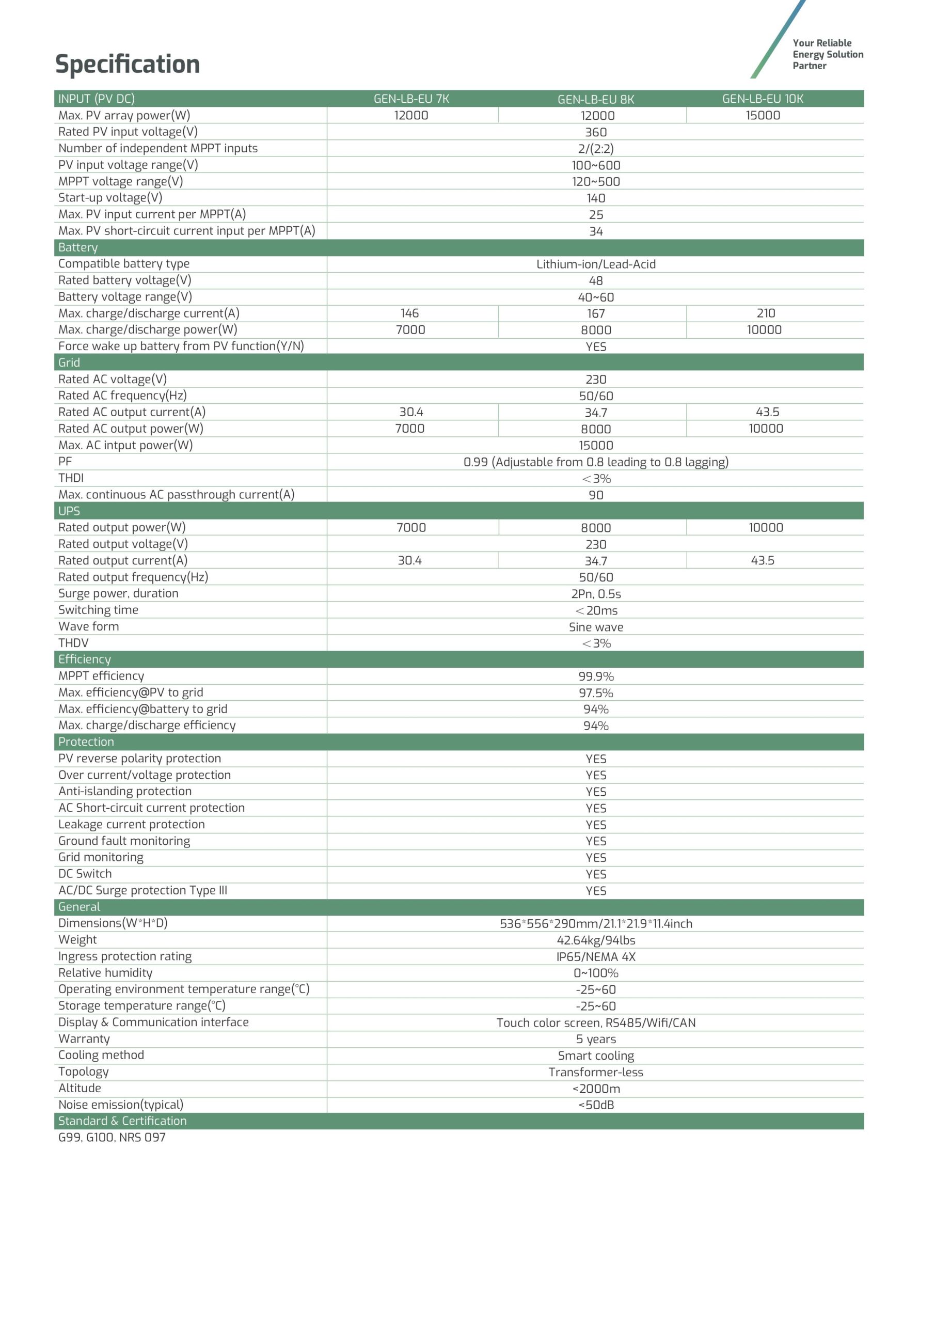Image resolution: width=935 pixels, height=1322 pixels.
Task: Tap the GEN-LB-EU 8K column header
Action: [x=595, y=99]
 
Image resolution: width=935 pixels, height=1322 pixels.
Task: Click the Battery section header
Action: [x=78, y=247]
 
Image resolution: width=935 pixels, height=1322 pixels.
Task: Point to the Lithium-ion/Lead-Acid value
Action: [x=595, y=264]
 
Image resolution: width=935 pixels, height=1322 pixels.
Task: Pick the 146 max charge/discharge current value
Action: [x=409, y=313]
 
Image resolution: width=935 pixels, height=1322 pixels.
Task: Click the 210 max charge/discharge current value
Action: [x=765, y=313]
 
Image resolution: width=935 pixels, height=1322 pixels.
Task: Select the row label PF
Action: [x=65, y=462]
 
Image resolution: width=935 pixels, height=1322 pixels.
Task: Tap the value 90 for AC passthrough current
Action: [x=595, y=495]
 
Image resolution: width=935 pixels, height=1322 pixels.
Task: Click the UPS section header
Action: [x=69, y=511]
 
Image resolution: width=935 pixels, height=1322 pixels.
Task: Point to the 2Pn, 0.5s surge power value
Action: [x=595, y=594]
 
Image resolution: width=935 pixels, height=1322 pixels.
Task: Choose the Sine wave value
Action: [x=595, y=627]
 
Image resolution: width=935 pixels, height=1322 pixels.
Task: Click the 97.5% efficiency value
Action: [x=595, y=693]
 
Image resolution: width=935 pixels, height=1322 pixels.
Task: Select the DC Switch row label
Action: [x=85, y=874]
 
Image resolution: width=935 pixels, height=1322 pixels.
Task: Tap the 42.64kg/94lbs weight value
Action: [x=595, y=940]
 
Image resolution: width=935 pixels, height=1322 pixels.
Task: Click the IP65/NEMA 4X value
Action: [x=595, y=957]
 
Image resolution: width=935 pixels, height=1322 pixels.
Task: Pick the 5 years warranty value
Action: [x=595, y=1040]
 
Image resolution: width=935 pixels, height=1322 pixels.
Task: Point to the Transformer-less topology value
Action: [x=595, y=1072]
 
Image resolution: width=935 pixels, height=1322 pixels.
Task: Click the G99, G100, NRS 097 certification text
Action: [x=112, y=1138]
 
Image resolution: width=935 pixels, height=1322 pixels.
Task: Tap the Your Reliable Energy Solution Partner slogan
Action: [x=827, y=54]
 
